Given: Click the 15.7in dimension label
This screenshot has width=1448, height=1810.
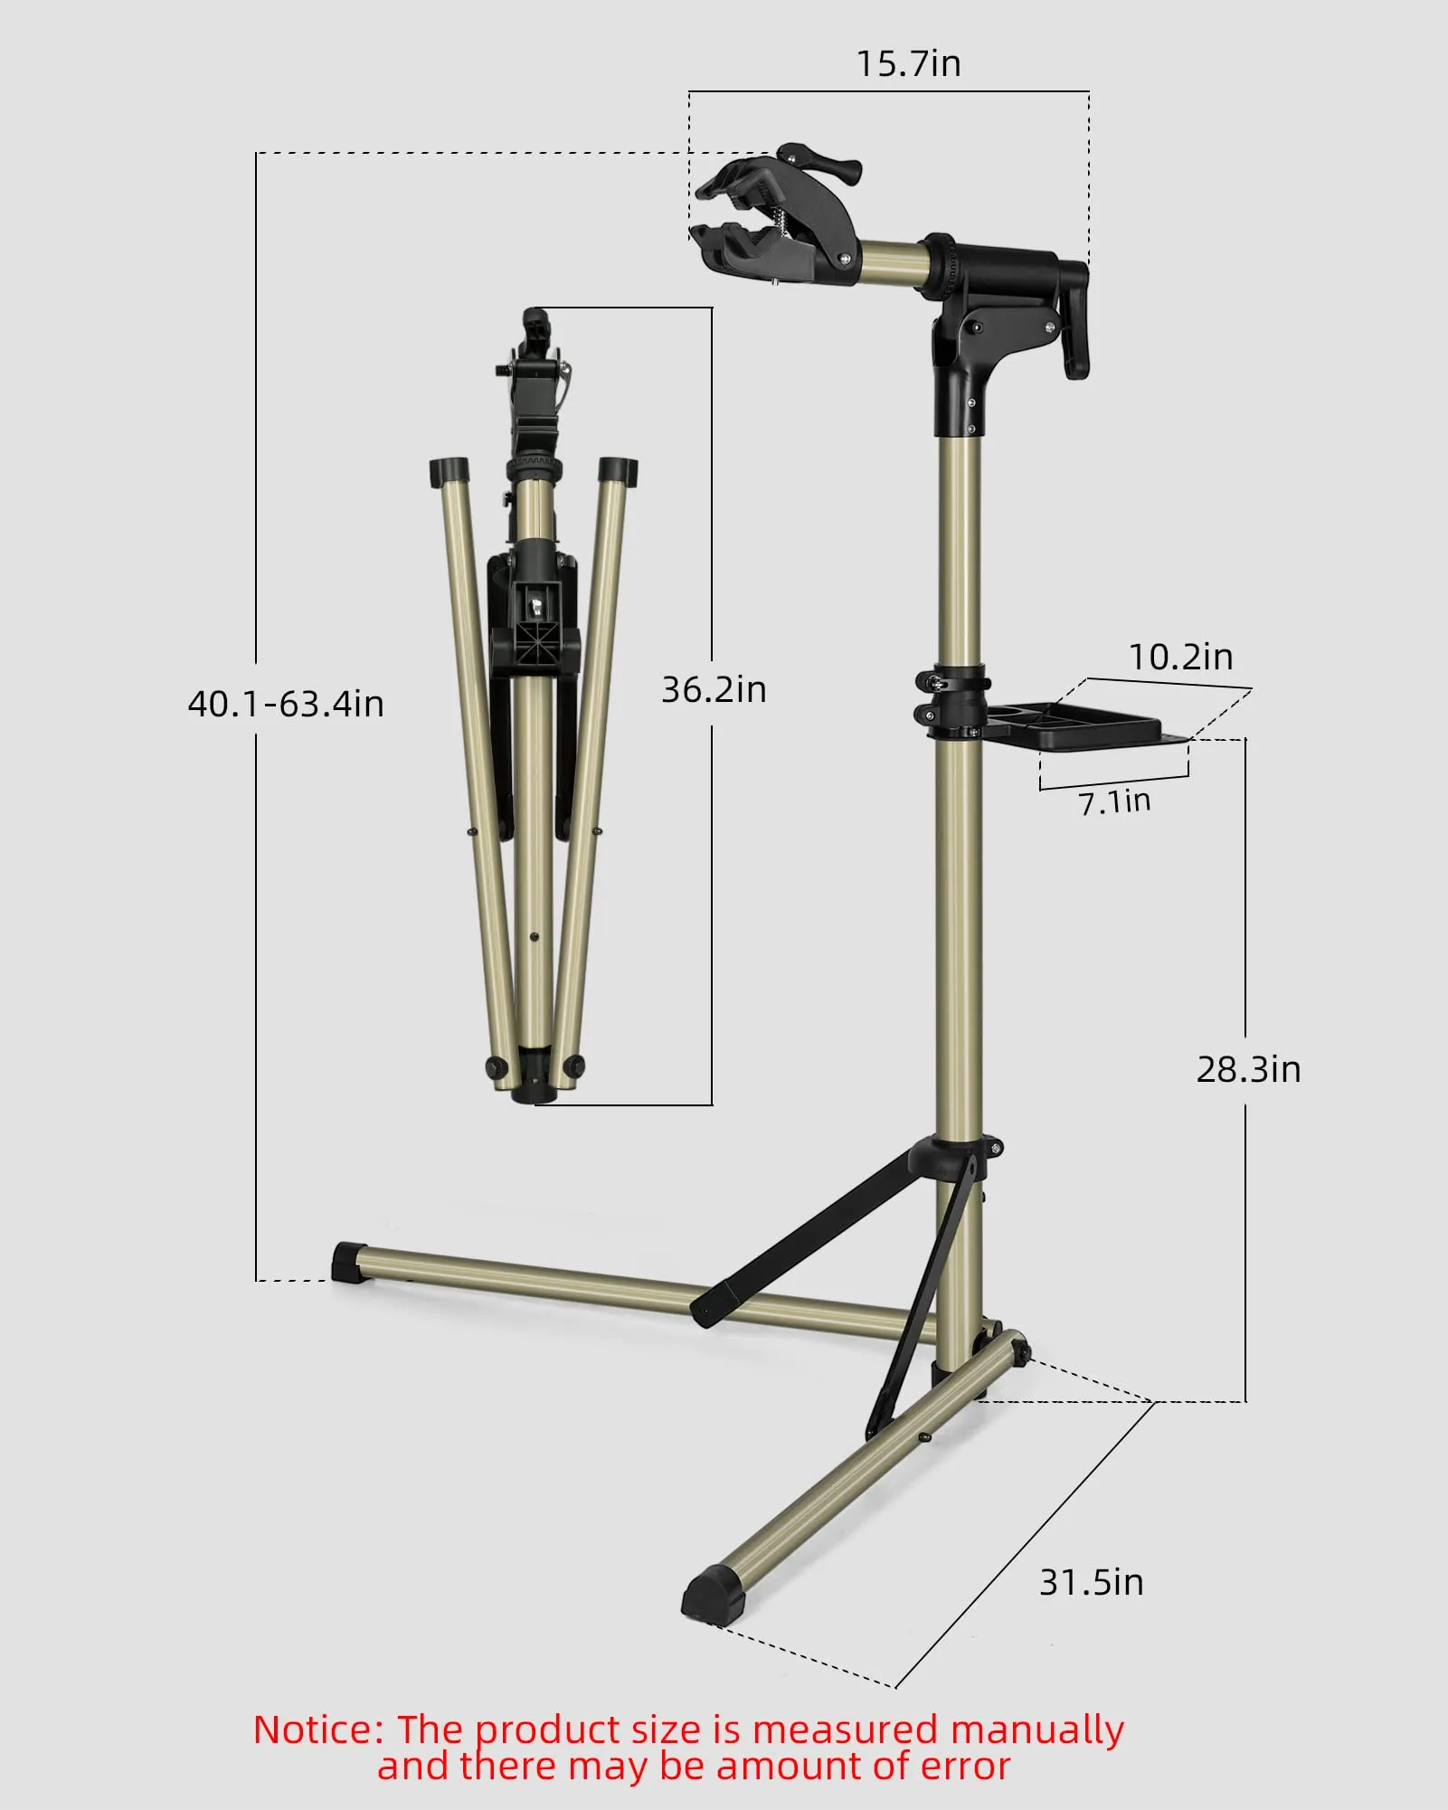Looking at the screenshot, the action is [x=908, y=64].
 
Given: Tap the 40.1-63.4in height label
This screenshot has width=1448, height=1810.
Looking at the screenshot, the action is [x=286, y=704].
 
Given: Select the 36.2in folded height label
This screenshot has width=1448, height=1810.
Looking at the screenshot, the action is [x=714, y=689].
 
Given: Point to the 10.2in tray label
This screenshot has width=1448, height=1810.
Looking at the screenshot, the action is [x=1180, y=657].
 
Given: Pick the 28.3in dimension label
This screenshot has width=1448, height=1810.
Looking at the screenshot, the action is [x=1248, y=1069].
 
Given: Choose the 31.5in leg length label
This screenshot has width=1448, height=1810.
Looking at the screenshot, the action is [x=1091, y=1582].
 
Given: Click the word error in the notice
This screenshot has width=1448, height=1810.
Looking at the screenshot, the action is [x=965, y=1767].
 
